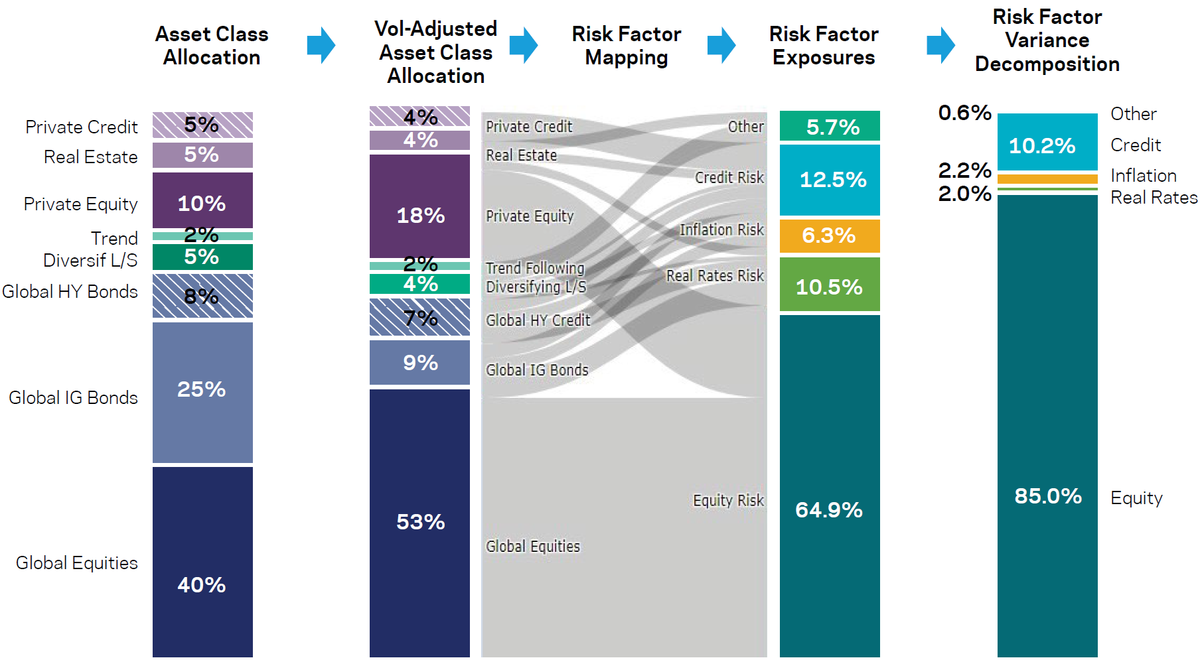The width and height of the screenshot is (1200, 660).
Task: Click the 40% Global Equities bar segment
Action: (202, 561)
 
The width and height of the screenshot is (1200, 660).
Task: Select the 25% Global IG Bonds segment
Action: (202, 392)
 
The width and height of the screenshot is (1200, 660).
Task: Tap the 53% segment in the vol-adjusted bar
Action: (419, 522)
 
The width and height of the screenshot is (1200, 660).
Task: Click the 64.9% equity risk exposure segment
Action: (830, 486)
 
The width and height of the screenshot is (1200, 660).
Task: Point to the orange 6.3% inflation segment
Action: (830, 235)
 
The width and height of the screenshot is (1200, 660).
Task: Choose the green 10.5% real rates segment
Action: (830, 285)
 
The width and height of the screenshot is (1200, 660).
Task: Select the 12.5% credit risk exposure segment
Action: (830, 180)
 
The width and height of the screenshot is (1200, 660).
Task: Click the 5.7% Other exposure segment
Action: (830, 126)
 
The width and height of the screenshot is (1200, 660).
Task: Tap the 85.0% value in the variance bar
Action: (1047, 495)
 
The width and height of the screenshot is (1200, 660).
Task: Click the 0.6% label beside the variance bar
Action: (964, 113)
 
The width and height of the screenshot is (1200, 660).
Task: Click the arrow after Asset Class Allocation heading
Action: (322, 45)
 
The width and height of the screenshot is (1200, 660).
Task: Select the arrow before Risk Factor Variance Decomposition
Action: (940, 45)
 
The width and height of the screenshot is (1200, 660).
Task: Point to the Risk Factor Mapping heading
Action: (626, 45)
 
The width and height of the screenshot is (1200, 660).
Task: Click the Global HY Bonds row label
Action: (70, 291)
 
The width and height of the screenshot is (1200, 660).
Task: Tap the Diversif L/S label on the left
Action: (90, 260)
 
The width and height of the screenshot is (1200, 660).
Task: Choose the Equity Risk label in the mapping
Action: (728, 500)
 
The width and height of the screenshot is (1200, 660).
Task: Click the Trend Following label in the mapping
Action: (534, 268)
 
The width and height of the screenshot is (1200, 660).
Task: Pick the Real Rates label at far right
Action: (1154, 198)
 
